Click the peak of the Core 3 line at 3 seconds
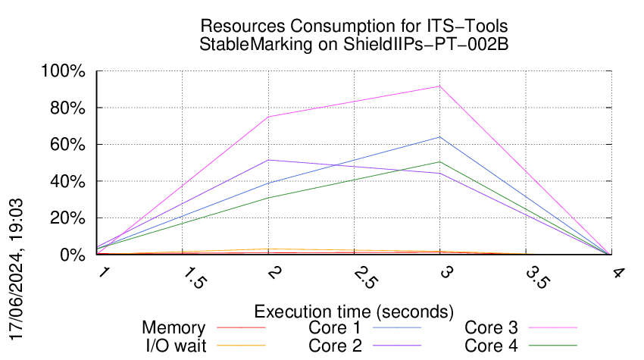439,86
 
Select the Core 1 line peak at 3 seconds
439,137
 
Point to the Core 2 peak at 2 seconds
268,160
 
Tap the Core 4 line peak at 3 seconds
439,162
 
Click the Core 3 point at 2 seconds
268,117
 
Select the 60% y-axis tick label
70,145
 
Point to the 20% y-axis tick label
70,218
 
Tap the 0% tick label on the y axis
73,255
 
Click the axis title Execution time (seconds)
354,311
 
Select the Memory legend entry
174,328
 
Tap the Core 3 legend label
491,328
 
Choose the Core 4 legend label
491,346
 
